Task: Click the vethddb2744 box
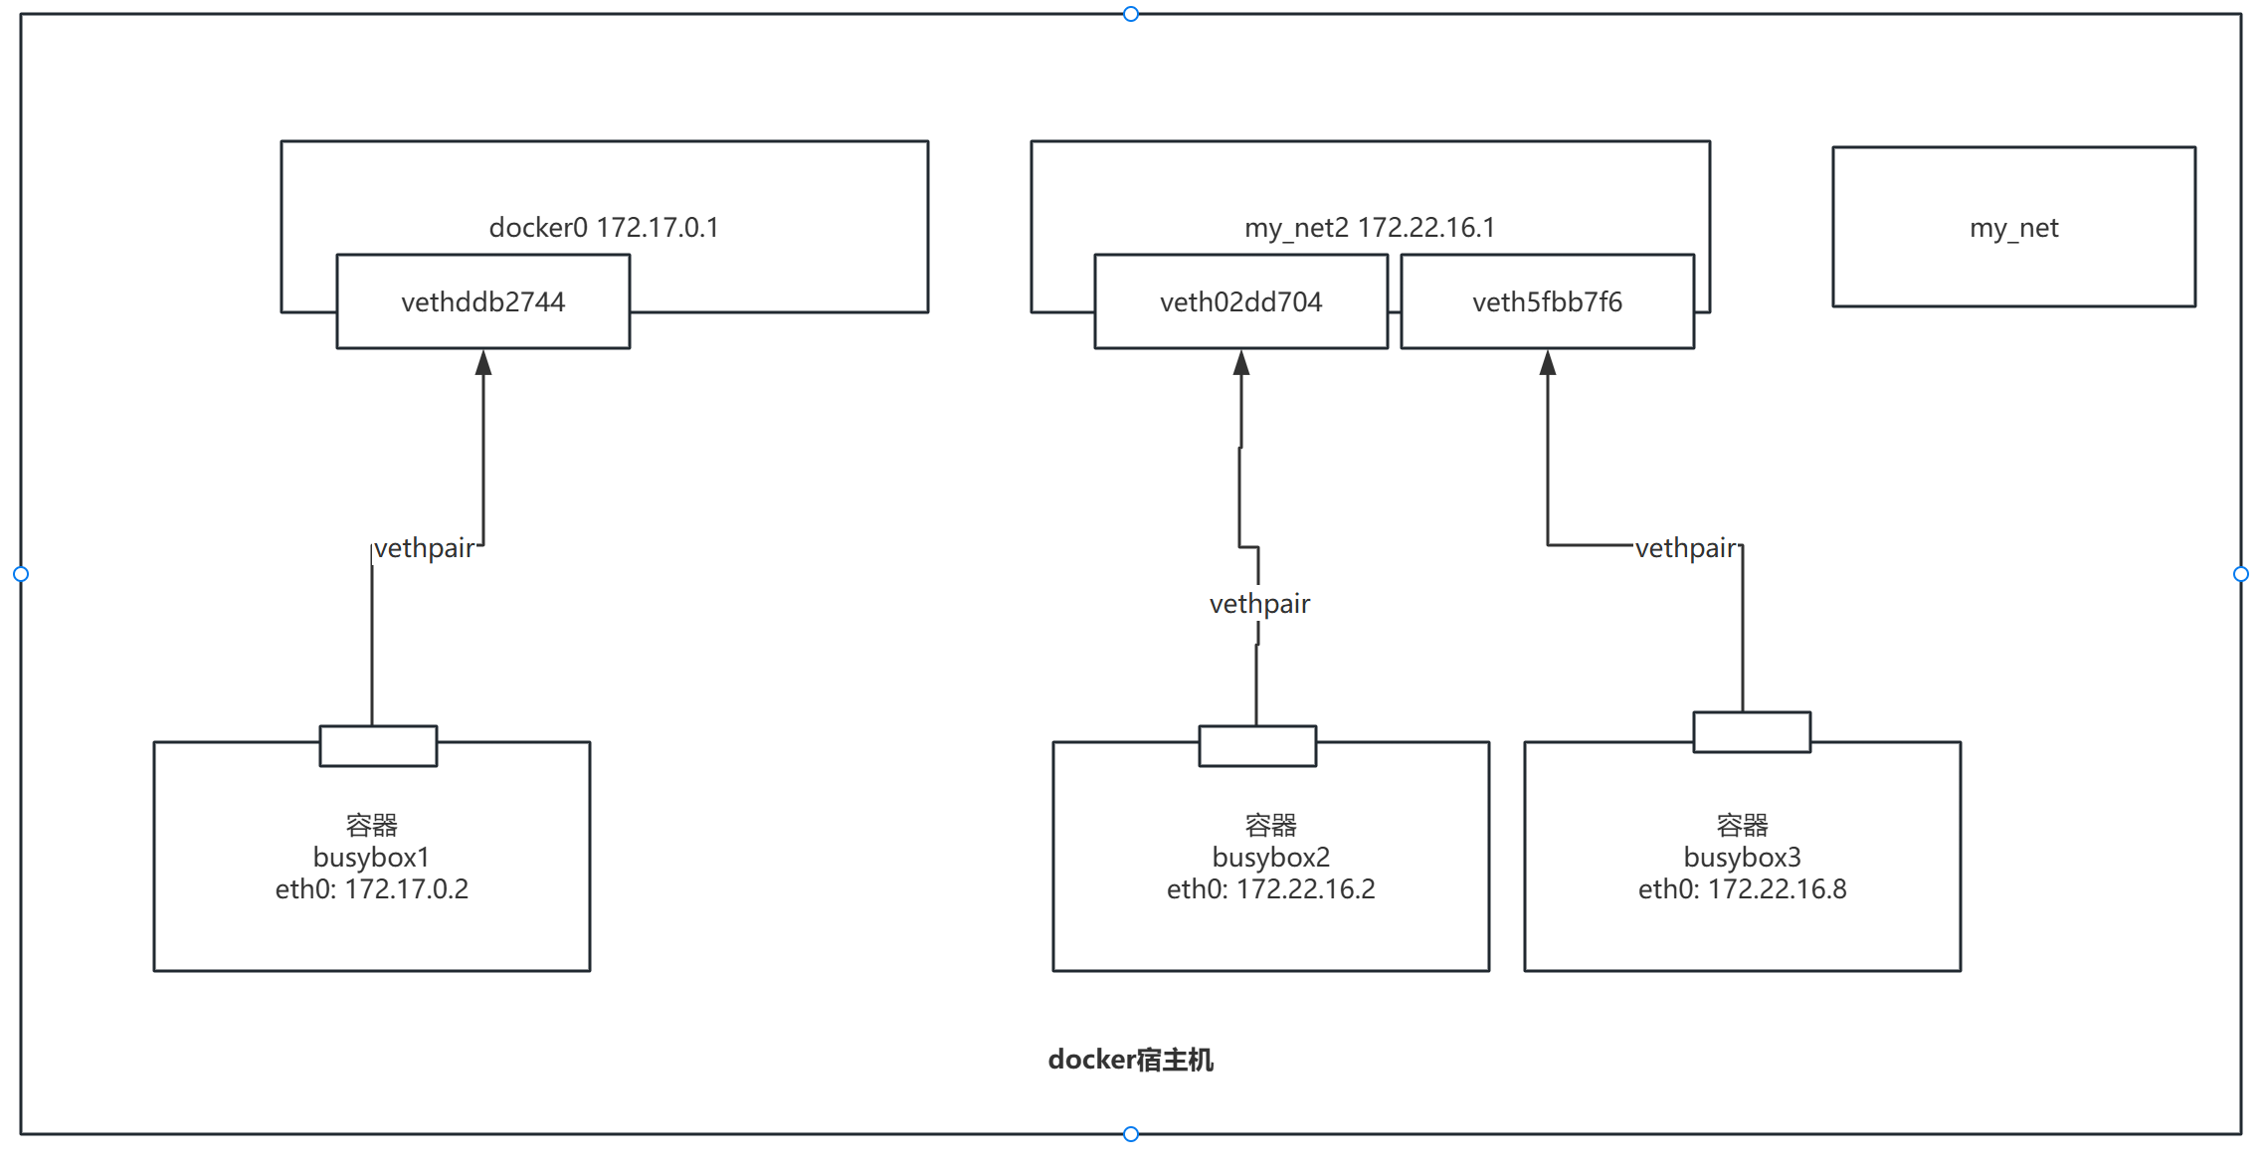click(x=482, y=301)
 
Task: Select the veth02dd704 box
click(x=1240, y=301)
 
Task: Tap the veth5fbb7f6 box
click(x=1547, y=301)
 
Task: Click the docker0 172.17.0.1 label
click(x=604, y=228)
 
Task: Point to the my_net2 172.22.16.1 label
click(x=1370, y=228)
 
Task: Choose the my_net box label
click(x=2013, y=228)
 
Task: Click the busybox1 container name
click(x=371, y=857)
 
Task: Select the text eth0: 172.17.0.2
click(x=371, y=888)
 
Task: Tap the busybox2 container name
click(x=1270, y=857)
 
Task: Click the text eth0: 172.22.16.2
click(x=1270, y=888)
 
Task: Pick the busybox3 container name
click(x=1742, y=857)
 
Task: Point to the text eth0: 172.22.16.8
click(x=1742, y=888)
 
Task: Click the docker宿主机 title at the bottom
click(x=1130, y=1060)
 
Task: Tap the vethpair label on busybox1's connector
click(x=424, y=548)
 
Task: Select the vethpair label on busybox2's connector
click(x=1259, y=604)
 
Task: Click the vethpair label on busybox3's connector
click(x=1685, y=548)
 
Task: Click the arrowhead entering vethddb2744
click(x=483, y=363)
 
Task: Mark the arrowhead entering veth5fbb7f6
click(x=1548, y=363)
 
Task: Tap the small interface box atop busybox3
click(x=1752, y=732)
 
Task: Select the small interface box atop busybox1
click(x=378, y=746)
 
